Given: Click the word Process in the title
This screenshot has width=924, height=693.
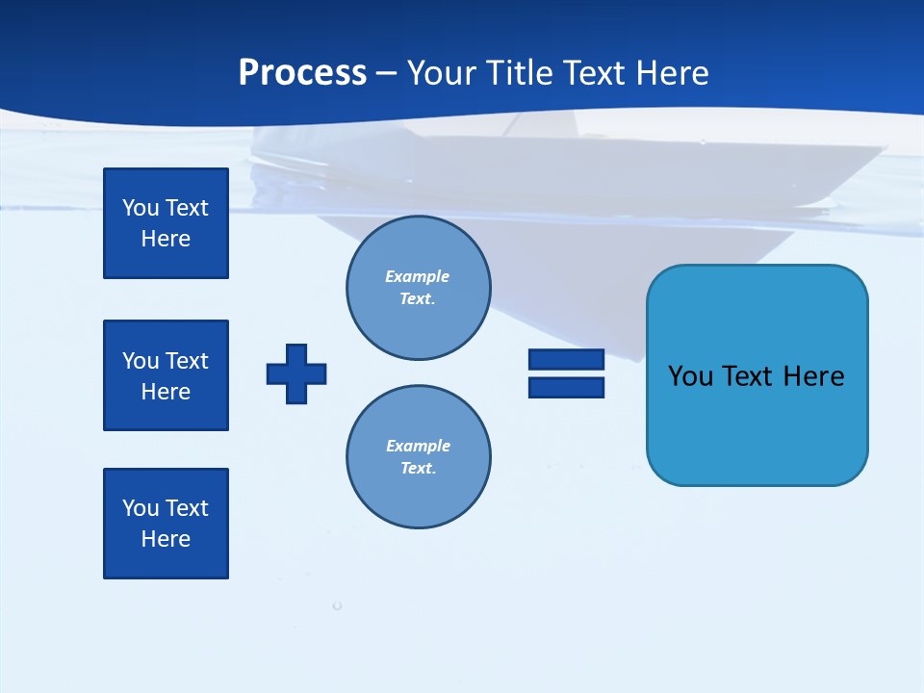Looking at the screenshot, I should pos(302,73).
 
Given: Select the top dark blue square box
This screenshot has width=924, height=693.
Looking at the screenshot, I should pos(166,223).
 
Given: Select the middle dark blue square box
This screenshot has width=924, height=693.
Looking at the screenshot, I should pos(166,375).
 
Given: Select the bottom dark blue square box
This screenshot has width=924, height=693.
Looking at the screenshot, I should pos(166,524).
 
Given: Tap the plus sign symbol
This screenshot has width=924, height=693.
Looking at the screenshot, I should pos(296,373).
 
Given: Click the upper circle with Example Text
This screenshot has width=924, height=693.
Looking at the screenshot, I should pos(418,288).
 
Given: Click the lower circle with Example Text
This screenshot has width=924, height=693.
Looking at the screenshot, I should pos(418,457).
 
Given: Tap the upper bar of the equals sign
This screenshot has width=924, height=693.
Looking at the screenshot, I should pos(566,359).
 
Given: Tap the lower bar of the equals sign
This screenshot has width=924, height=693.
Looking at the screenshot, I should pos(566,388).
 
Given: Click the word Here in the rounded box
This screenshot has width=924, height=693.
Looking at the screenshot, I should pos(813,376).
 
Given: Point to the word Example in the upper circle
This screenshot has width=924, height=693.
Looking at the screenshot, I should pos(418,276).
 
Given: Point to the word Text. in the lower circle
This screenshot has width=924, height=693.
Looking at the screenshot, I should pos(418,469).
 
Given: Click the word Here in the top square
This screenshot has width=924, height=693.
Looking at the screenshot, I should pos(166,239).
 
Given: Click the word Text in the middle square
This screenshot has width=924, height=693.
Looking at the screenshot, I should pos(187,361).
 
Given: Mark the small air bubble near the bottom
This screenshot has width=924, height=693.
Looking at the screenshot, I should pos(337,605).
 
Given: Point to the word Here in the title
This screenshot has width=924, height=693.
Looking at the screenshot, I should pos(675,73).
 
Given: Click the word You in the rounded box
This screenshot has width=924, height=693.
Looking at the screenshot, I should pos(690,376).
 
